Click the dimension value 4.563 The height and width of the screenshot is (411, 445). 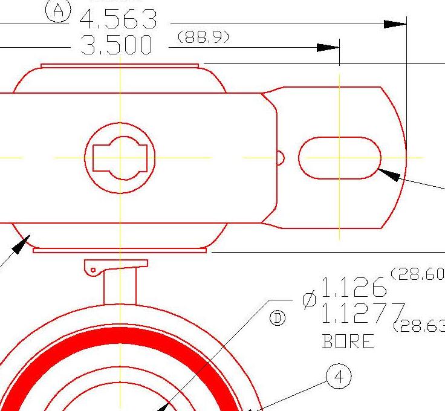(119, 21)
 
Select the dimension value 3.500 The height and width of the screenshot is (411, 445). (117, 46)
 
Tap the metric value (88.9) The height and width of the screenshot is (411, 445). (203, 37)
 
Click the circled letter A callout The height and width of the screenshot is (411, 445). (59, 10)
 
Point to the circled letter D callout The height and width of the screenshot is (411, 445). (278, 319)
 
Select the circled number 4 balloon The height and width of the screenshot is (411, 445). (339, 377)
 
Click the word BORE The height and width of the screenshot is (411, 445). (349, 342)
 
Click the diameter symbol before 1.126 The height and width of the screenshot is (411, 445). (309, 300)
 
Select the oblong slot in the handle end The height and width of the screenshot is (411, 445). (340, 158)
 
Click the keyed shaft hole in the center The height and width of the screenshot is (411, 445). (120, 158)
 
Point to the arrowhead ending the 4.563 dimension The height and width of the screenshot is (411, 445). (395, 24)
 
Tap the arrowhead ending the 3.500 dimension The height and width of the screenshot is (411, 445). (329, 48)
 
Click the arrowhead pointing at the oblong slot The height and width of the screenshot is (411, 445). (389, 175)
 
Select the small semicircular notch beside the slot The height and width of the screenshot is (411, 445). (281, 158)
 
